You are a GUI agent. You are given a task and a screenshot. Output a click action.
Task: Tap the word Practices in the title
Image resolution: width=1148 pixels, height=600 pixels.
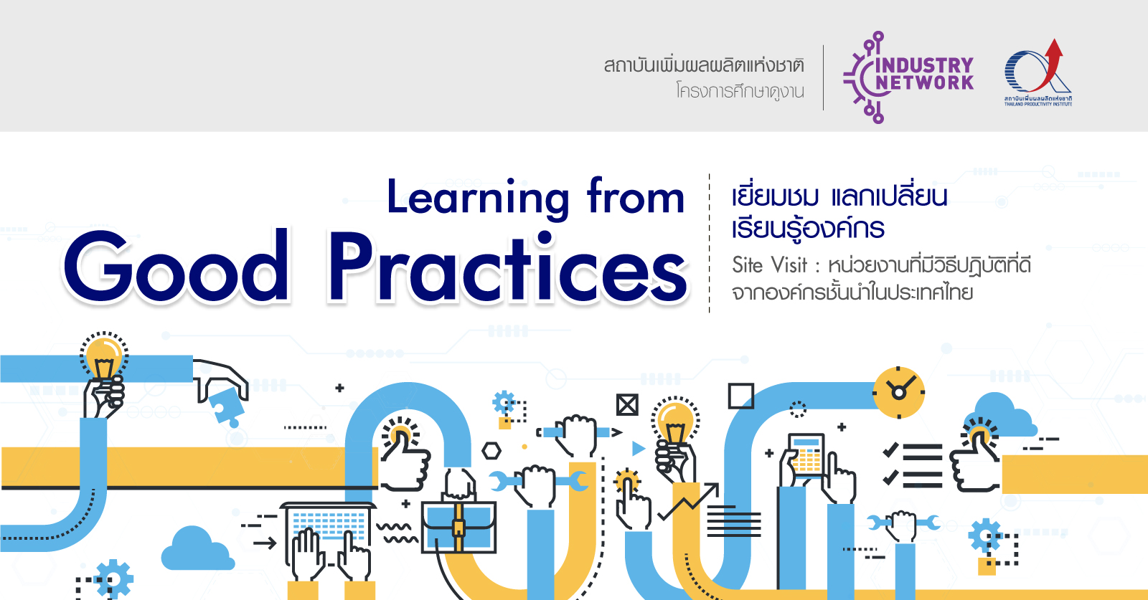click(508, 268)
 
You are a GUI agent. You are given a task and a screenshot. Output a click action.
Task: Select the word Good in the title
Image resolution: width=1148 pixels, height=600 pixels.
click(177, 268)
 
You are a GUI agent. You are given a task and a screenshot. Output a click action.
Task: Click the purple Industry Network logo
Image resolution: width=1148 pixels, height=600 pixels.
click(908, 77)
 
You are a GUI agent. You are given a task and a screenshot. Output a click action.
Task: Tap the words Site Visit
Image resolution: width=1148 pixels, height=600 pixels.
click(769, 265)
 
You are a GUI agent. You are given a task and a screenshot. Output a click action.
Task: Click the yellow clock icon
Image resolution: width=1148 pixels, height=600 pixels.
click(898, 392)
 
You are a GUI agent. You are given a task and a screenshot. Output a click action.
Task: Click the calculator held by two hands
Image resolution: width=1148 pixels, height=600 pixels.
click(806, 456)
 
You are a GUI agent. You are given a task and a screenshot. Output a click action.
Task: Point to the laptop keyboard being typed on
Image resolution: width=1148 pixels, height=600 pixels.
click(329, 522)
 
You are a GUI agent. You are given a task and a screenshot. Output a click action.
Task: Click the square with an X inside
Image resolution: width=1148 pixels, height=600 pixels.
click(627, 406)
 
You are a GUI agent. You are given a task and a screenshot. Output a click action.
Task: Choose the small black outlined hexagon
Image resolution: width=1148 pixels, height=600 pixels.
click(491, 451)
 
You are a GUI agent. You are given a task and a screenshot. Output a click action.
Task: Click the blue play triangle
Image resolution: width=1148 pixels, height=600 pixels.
click(638, 449)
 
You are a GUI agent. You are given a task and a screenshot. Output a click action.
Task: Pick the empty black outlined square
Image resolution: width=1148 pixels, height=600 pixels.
click(741, 396)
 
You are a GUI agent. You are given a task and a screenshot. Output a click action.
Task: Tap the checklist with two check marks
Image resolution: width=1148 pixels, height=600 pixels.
click(913, 465)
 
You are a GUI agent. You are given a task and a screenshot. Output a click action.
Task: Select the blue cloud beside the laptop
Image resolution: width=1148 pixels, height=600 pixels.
click(197, 549)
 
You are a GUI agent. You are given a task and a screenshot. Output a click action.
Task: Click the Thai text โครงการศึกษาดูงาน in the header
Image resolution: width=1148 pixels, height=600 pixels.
click(740, 92)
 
